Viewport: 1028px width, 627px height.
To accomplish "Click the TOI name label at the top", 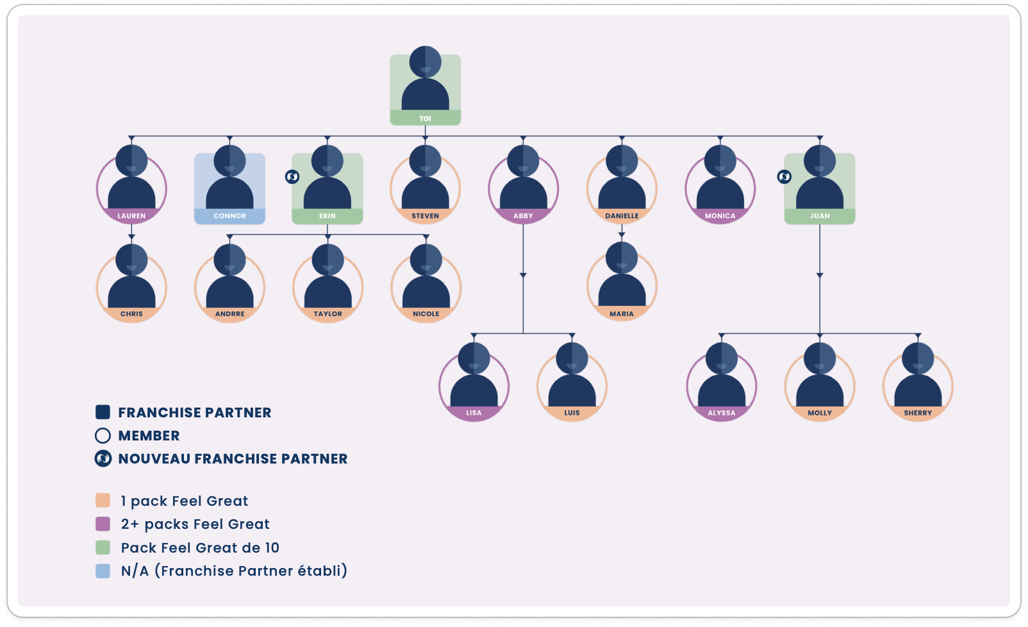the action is (x=425, y=119).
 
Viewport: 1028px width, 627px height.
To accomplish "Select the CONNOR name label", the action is (x=229, y=216).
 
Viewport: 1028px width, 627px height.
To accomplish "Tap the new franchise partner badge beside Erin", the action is (x=292, y=177).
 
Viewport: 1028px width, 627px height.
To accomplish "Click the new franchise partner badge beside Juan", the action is (x=784, y=177).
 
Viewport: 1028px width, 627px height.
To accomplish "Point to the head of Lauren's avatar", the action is (x=132, y=161).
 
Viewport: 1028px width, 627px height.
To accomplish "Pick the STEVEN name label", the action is (x=425, y=216).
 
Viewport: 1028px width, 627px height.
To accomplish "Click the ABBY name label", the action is (x=523, y=216).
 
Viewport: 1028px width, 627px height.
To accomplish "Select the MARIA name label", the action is (x=622, y=314).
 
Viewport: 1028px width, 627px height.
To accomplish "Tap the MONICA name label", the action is (x=720, y=216).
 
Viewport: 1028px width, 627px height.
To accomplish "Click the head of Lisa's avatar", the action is (x=474, y=358).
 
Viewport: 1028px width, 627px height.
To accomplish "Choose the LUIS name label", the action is (x=572, y=413).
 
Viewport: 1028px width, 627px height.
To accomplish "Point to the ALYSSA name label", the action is (x=722, y=413).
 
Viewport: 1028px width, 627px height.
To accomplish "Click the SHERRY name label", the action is (x=918, y=413).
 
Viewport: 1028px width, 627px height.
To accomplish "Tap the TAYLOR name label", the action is (x=327, y=314).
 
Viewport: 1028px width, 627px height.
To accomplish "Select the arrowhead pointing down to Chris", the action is (x=132, y=237).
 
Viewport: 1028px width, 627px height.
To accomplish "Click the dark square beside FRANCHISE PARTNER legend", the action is (x=103, y=412).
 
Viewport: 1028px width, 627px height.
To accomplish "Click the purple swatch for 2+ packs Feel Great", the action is (x=103, y=524).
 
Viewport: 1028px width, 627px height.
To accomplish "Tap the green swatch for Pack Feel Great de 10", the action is (x=103, y=548).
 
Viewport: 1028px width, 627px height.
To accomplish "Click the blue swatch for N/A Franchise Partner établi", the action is (x=103, y=571).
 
